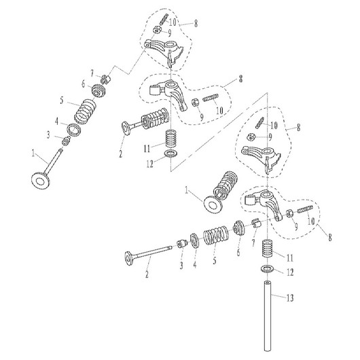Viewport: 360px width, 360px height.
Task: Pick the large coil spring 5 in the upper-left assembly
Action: pos(86,108)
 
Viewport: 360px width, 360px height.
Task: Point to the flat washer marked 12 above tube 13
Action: pos(268,272)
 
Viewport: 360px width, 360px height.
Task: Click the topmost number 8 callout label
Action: pos(197,22)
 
